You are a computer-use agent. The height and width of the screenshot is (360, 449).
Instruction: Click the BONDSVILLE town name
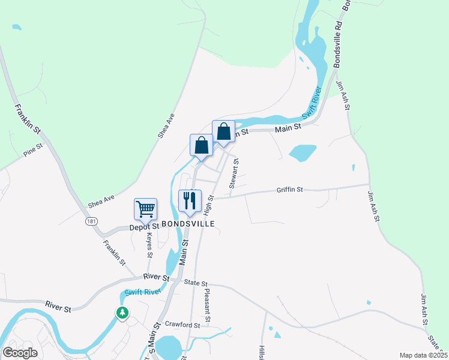click(187, 223)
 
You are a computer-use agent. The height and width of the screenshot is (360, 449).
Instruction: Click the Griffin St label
click(290, 190)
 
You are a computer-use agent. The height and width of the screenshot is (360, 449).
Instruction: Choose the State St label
click(196, 283)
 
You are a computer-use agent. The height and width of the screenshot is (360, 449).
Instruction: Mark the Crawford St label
click(182, 325)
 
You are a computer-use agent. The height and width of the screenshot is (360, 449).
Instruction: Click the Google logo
click(20, 352)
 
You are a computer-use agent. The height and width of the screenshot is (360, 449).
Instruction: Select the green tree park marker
click(122, 313)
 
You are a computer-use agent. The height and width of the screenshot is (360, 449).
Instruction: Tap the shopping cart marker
click(145, 209)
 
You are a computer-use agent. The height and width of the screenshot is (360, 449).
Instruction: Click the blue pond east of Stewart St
click(302, 152)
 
